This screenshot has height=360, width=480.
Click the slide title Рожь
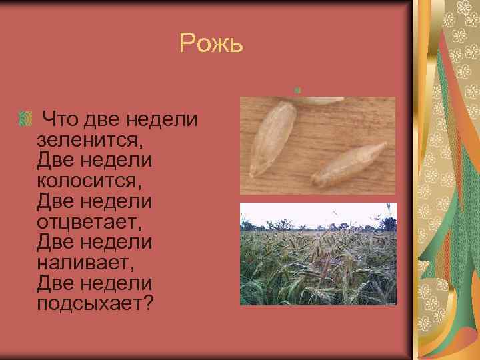point(211,45)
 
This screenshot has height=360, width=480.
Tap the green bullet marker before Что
point(25,121)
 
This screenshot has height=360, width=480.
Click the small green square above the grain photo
point(298,89)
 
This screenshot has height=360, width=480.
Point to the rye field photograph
point(317,260)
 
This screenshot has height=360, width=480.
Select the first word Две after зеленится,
point(59,161)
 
